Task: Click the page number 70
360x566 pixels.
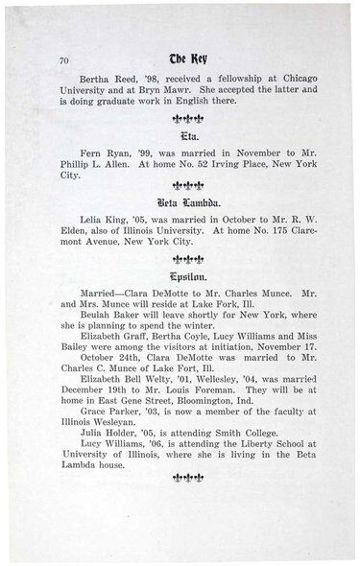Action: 64,59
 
